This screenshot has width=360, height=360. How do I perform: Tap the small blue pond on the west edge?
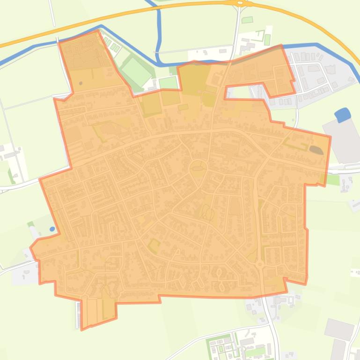point(52,229)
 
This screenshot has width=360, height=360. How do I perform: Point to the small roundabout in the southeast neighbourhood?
point(260,264)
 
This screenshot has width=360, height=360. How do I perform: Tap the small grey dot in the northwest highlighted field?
point(81,83)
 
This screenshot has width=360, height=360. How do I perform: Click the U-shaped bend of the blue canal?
point(159,57)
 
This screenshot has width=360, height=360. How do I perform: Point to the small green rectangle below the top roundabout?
point(247,20)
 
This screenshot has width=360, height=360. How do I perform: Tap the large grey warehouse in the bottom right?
point(339,329)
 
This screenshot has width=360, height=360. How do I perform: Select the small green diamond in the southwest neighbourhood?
point(154,245)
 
